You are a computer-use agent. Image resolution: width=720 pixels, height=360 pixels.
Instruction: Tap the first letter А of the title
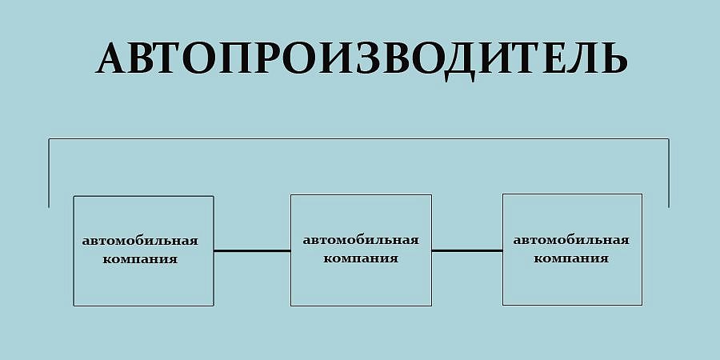tap(111, 58)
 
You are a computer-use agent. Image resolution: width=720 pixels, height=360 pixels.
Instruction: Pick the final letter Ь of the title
tap(615, 58)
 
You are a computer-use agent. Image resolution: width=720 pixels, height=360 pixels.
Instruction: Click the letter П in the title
tap(235, 58)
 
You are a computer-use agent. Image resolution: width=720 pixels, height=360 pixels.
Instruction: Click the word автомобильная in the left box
tap(140, 241)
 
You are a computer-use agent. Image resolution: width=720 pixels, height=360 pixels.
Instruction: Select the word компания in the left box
tap(140, 259)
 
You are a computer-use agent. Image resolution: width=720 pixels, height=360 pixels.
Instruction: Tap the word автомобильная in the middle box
tap(361, 240)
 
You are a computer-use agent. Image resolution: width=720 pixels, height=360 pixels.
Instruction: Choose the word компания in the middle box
tap(361, 258)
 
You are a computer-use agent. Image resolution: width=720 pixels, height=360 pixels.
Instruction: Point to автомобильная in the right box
tap(571, 240)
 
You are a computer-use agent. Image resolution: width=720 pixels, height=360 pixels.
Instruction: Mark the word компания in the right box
tap(571, 258)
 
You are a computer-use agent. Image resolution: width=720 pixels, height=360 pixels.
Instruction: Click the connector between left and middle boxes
tap(252, 250)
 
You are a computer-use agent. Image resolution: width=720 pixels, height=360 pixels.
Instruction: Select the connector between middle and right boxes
tap(467, 250)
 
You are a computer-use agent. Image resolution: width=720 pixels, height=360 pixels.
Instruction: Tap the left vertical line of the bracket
tap(49, 173)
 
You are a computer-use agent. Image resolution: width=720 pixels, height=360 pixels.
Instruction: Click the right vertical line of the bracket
tap(669, 173)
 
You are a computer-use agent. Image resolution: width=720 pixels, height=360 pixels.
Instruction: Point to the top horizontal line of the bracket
tap(358, 138)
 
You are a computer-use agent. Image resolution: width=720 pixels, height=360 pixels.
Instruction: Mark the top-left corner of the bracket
tap(49, 138)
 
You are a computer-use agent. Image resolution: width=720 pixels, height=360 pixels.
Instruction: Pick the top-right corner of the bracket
tap(669, 138)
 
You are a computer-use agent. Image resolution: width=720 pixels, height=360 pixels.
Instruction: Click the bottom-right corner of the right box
tap(642, 305)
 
